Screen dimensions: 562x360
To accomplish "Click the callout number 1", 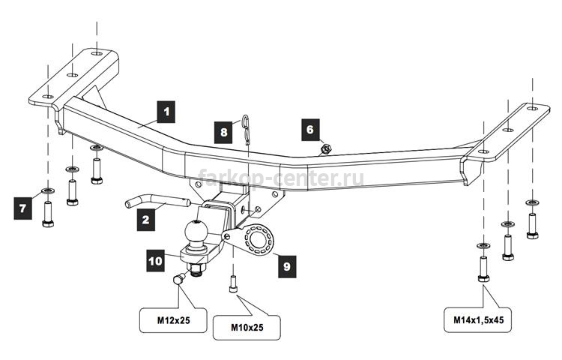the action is (x=166, y=112).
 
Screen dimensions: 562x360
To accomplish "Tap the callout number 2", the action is (x=146, y=220).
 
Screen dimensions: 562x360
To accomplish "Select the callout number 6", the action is (x=310, y=130).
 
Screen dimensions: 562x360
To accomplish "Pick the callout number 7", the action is (x=23, y=208).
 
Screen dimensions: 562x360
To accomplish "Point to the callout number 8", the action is (x=223, y=132).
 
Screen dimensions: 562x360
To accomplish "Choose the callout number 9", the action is (x=287, y=266).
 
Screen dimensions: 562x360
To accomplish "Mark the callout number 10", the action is (x=156, y=261).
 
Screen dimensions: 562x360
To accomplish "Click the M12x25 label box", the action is (x=173, y=320).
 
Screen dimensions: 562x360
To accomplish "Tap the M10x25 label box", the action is (x=247, y=327).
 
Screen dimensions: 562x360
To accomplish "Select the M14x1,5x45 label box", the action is (x=477, y=319).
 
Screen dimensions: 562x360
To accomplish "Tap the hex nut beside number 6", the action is (x=325, y=148).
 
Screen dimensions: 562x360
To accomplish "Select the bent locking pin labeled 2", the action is (x=157, y=202).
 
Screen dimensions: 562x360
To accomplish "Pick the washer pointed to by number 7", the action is (x=48, y=190).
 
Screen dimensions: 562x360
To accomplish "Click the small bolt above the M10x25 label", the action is (x=233, y=284).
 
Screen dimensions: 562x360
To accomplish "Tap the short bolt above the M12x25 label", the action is (x=178, y=279).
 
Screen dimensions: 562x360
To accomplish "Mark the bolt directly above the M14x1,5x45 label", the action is (x=483, y=269).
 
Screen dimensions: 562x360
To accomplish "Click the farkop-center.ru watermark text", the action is (x=281, y=178).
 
